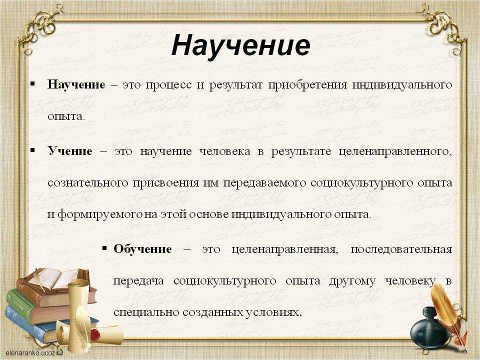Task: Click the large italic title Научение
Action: coord(241,45)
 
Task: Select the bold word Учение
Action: coord(70,151)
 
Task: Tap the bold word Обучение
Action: coord(142,249)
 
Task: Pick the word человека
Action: coord(224,151)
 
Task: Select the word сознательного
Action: coord(87,183)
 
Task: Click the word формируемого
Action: coord(100,214)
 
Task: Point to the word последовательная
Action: coord(401,249)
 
